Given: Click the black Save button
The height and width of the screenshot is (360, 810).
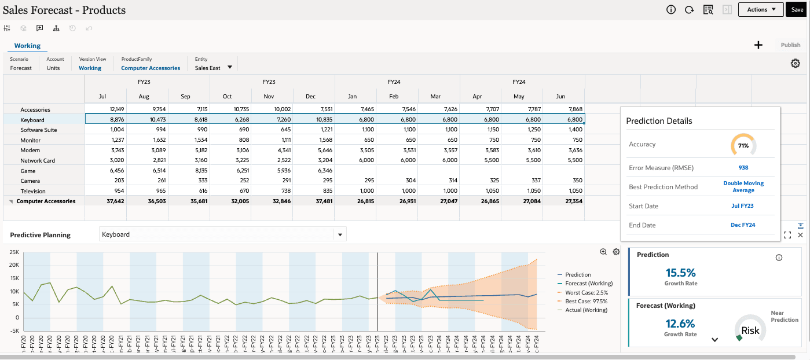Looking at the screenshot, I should [x=797, y=9].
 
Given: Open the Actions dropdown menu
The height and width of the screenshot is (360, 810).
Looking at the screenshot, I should [x=760, y=9].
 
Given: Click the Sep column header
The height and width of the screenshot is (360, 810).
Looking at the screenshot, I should [x=186, y=96].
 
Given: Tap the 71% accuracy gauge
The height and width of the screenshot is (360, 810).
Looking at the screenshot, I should [x=743, y=145].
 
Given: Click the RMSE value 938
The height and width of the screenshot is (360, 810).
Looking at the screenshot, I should [x=743, y=168].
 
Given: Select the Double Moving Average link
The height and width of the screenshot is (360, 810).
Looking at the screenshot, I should [x=743, y=187].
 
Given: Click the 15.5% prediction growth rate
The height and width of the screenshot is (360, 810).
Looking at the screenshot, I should [x=680, y=273].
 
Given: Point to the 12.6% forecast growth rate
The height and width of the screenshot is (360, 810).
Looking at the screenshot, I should [x=680, y=324].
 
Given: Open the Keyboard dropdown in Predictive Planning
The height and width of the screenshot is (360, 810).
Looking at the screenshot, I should [x=340, y=234].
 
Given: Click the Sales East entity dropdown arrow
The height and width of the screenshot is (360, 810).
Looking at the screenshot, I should [x=230, y=68].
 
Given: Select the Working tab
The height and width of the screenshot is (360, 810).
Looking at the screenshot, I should [x=27, y=46].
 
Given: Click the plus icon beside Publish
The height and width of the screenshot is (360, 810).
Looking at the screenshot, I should [x=758, y=45].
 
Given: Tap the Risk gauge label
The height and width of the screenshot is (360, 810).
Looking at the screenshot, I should [x=750, y=330].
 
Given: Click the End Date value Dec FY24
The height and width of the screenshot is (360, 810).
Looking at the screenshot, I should [x=743, y=225].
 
